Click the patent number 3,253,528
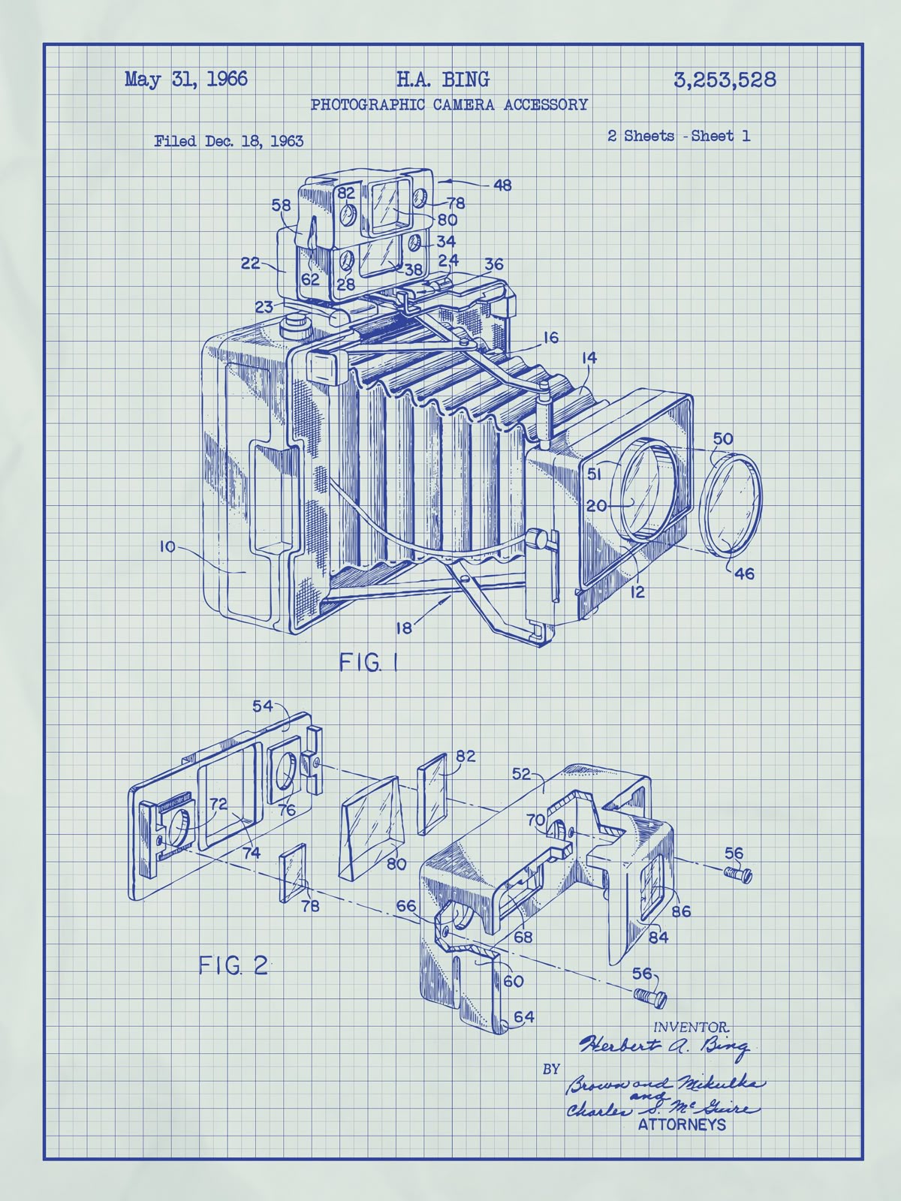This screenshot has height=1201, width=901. tap(725, 80)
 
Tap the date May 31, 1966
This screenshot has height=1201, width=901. tap(186, 80)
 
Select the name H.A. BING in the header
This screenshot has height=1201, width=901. tap(442, 80)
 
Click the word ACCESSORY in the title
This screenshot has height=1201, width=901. tap(545, 104)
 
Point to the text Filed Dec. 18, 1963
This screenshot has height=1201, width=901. tap(229, 141)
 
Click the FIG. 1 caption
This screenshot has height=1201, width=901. tap(368, 663)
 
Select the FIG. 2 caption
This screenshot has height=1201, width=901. tap(233, 966)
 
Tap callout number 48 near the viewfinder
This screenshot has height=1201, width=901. tap(502, 185)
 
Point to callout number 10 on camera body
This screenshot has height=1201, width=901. tap(167, 546)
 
